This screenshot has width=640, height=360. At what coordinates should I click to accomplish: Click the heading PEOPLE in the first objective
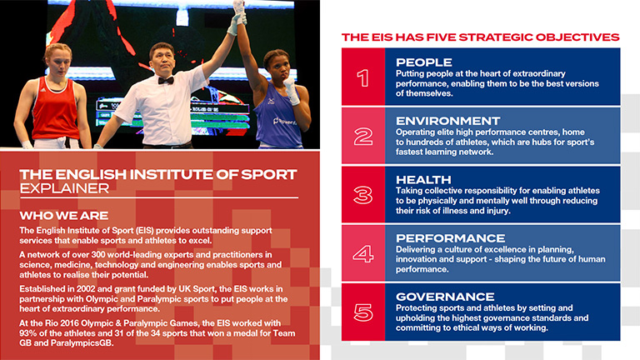click(x=423, y=62)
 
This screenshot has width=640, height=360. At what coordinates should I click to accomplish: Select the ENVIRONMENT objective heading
click(x=447, y=121)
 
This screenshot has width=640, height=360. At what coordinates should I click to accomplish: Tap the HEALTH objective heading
click(x=423, y=180)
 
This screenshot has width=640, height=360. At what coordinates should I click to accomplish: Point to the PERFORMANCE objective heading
click(x=450, y=238)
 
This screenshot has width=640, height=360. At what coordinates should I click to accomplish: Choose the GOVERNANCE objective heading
click(x=445, y=297)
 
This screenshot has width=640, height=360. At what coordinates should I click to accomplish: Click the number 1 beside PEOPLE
click(x=363, y=77)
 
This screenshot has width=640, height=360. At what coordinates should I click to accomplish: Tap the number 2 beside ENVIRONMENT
click(x=363, y=137)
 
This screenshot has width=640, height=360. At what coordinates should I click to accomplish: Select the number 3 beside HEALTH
click(x=363, y=195)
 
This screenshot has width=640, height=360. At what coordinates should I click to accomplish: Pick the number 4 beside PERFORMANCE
click(x=363, y=254)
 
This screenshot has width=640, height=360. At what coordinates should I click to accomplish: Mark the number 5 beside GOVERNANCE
click(x=363, y=312)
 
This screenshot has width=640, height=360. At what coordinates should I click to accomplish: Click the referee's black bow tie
click(x=166, y=80)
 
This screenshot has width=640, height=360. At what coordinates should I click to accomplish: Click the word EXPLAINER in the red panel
click(x=64, y=188)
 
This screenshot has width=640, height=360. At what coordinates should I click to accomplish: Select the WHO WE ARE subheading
click(x=63, y=216)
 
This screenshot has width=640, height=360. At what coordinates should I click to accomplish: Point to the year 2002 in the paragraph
click(x=85, y=289)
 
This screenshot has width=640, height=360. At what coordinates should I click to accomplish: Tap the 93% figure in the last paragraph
click(x=27, y=333)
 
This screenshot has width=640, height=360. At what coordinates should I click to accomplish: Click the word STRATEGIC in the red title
click(x=496, y=37)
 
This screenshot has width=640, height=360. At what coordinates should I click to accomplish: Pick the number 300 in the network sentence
click(x=98, y=255)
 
